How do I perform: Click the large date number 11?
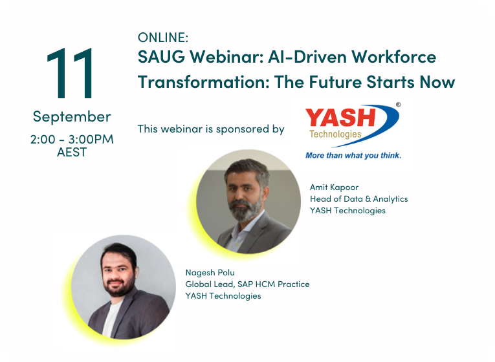tap(70, 73)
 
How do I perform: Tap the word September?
tap(72, 117)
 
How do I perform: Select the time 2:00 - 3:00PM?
tap(72, 139)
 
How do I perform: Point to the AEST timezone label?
tap(72, 153)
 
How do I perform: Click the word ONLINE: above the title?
tap(163, 38)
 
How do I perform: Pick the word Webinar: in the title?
tap(226, 57)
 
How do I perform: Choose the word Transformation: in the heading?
tap(204, 82)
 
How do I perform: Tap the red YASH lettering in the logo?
tap(340, 117)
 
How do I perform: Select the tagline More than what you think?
tap(353, 155)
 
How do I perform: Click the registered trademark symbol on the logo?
tap(398, 105)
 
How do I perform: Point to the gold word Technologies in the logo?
tap(335, 134)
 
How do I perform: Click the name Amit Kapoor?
tap(334, 187)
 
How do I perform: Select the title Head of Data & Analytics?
tap(359, 199)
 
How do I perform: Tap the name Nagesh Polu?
tap(210, 272)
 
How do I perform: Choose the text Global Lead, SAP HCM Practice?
tap(247, 284)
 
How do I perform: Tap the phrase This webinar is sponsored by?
tap(211, 129)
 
